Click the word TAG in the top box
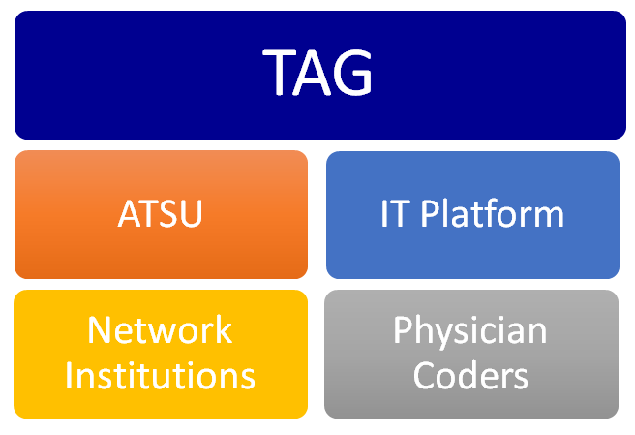[x=317, y=74]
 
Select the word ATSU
[x=161, y=213]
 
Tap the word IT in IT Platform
[x=392, y=213]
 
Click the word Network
[x=161, y=331]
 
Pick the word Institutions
[x=161, y=374]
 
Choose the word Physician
[x=470, y=331]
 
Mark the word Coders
[x=470, y=374]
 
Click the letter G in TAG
[x=351, y=74]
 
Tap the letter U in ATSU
[x=190, y=213]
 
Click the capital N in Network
[x=100, y=331]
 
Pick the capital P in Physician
[x=403, y=331]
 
